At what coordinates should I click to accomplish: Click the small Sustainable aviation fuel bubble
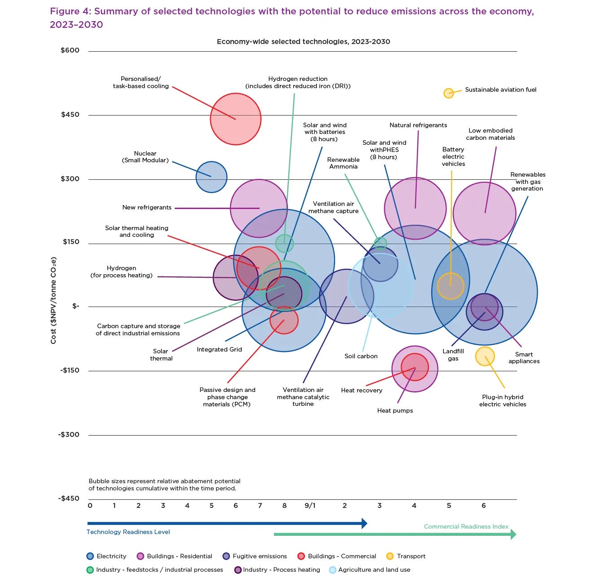click(448, 93)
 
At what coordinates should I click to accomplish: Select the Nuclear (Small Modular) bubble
click(211, 177)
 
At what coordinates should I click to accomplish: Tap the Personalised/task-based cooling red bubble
click(235, 119)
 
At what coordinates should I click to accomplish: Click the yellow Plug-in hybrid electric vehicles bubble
click(485, 356)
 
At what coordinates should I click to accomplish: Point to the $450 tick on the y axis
click(70, 115)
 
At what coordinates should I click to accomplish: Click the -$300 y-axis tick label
click(69, 435)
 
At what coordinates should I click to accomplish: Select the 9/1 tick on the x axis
click(310, 506)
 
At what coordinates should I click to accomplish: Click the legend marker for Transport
click(390, 556)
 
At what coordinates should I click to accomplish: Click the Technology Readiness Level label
click(128, 532)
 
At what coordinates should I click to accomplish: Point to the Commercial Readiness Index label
click(466, 527)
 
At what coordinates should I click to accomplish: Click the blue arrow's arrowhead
click(364, 523)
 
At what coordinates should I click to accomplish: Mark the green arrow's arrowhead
click(513, 534)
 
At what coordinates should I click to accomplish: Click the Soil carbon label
click(361, 356)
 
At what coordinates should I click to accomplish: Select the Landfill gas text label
click(453, 355)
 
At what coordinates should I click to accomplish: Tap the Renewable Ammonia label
click(343, 163)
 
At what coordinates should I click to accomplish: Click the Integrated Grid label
click(219, 350)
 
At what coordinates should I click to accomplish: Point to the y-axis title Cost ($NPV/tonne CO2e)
click(53, 301)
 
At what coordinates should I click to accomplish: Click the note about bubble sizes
click(164, 485)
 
